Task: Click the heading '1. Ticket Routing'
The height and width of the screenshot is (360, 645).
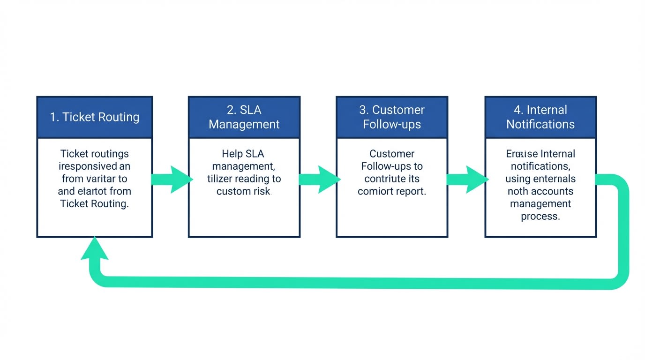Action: pos(95,117)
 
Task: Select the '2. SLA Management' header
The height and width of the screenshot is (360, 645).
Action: pos(244,117)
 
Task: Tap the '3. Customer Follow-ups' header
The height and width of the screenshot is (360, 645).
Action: pos(392,117)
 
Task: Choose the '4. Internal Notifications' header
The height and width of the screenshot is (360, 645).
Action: pos(540,117)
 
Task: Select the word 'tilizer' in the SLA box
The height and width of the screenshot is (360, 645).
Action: pos(220,179)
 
